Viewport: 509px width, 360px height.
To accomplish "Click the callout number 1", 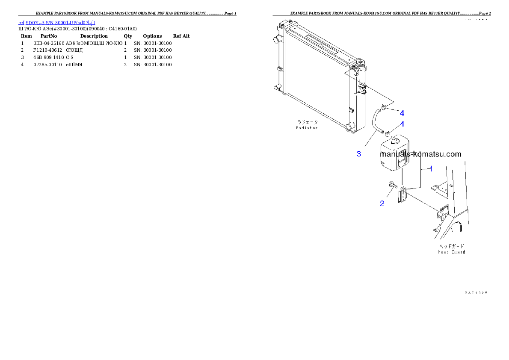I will pos(431,169).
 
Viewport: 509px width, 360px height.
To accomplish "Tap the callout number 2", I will pos(382,204).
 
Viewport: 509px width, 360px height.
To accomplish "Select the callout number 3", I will pos(359,154).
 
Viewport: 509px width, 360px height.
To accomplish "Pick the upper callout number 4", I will pos(402,113).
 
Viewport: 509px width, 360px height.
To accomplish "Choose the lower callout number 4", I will pos(402,124).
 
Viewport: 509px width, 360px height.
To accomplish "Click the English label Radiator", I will pos(307,128).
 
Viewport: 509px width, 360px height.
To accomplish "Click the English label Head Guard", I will pos(452,252).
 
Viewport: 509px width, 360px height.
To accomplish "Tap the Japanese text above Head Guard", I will pos(452,246).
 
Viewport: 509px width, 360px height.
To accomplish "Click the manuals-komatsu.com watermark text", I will pos(420,154).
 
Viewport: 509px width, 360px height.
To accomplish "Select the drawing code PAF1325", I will pos(476,293).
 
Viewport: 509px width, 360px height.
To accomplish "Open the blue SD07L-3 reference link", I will pos(56,22).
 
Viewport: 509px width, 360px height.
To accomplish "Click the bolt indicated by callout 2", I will pos(392,185).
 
